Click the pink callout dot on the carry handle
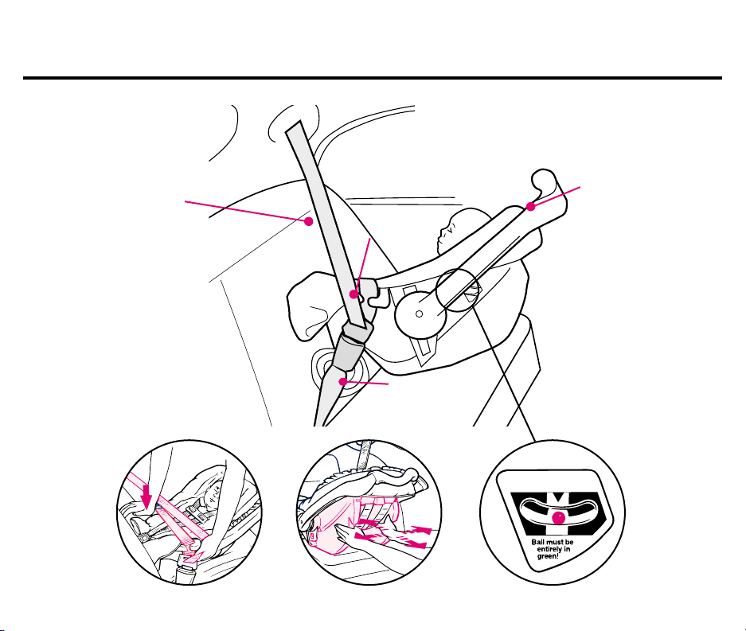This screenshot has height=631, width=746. [x=530, y=206]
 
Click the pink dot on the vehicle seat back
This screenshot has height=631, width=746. [x=309, y=221]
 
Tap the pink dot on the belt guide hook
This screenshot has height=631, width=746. [x=353, y=294]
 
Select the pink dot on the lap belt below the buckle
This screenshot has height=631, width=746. [x=342, y=381]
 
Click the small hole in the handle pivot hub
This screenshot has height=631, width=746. [x=419, y=314]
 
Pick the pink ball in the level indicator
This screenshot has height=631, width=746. [x=559, y=517]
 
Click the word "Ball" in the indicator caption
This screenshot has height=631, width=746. [x=537, y=542]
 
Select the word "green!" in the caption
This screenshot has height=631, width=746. [x=548, y=556]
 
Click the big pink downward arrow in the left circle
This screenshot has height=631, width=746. [x=146, y=497]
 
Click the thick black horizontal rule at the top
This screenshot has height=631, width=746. [x=373, y=77]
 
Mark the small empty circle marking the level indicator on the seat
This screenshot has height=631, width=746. [x=457, y=290]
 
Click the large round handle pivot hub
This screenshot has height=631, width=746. [x=420, y=314]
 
